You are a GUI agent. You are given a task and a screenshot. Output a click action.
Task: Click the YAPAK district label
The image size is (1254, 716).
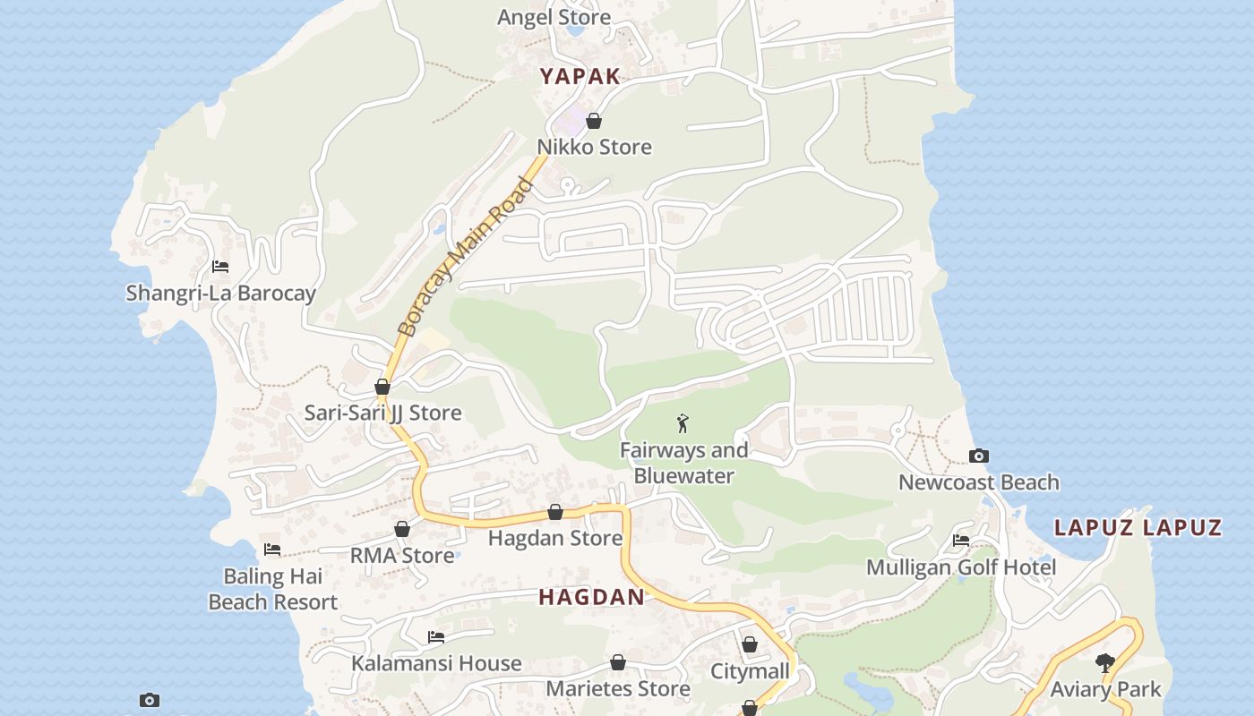(x=580, y=76)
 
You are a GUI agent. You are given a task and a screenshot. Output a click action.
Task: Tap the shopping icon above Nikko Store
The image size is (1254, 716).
(x=594, y=121)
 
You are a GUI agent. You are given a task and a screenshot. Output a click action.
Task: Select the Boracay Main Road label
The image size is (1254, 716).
(x=465, y=257)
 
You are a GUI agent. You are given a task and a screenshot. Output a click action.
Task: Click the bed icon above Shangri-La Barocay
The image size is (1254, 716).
(x=220, y=267)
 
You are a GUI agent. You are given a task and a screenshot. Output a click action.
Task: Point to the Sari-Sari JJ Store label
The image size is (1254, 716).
(x=382, y=413)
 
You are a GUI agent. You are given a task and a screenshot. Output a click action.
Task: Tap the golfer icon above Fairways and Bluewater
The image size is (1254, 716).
(x=683, y=423)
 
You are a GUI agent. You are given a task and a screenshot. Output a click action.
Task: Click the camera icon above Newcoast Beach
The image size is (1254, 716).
(x=979, y=456)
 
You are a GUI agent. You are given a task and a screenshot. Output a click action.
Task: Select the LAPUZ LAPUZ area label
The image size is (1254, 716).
(x=1138, y=527)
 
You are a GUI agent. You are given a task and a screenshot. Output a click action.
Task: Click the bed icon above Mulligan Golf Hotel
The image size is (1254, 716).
(x=961, y=541)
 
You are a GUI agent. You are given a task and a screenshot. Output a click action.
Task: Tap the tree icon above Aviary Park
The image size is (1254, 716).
(x=1105, y=663)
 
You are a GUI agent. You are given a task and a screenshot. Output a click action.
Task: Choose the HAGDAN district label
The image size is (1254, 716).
(x=591, y=597)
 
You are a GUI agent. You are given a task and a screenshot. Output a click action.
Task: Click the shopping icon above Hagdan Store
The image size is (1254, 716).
(x=555, y=512)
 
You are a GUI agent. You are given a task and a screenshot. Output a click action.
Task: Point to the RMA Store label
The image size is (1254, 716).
(x=401, y=556)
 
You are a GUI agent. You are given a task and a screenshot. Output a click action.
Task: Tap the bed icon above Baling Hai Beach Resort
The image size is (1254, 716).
(x=272, y=550)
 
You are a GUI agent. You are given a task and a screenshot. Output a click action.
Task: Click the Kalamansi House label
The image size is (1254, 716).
(x=436, y=663)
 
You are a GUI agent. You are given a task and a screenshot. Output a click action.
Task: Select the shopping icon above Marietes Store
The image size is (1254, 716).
(x=617, y=663)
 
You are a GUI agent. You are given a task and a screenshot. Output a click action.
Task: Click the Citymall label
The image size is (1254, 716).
(x=750, y=671)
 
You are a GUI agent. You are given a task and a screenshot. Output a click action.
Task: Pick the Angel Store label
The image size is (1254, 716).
(x=554, y=17)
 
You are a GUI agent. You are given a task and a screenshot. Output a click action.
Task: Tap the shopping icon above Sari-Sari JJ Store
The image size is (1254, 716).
(x=382, y=388)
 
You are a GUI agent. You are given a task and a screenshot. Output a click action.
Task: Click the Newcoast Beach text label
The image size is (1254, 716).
(x=978, y=482)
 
